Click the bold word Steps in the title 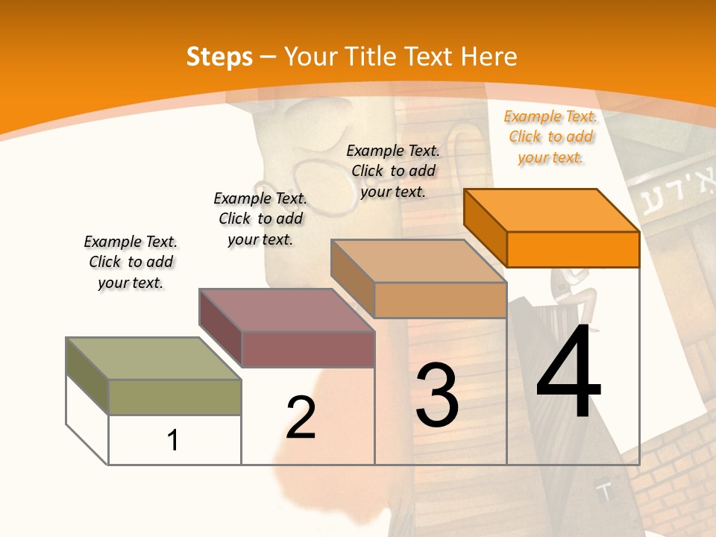tap(219, 57)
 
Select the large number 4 tap(568, 373)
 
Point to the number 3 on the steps tap(437, 395)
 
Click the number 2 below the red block tap(301, 418)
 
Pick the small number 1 tap(173, 440)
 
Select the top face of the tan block tap(418, 260)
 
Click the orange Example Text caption tap(550, 136)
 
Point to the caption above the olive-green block tap(131, 262)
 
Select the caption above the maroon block tap(260, 219)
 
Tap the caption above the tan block tap(393, 171)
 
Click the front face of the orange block tap(573, 249)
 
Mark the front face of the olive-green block tap(175, 397)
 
